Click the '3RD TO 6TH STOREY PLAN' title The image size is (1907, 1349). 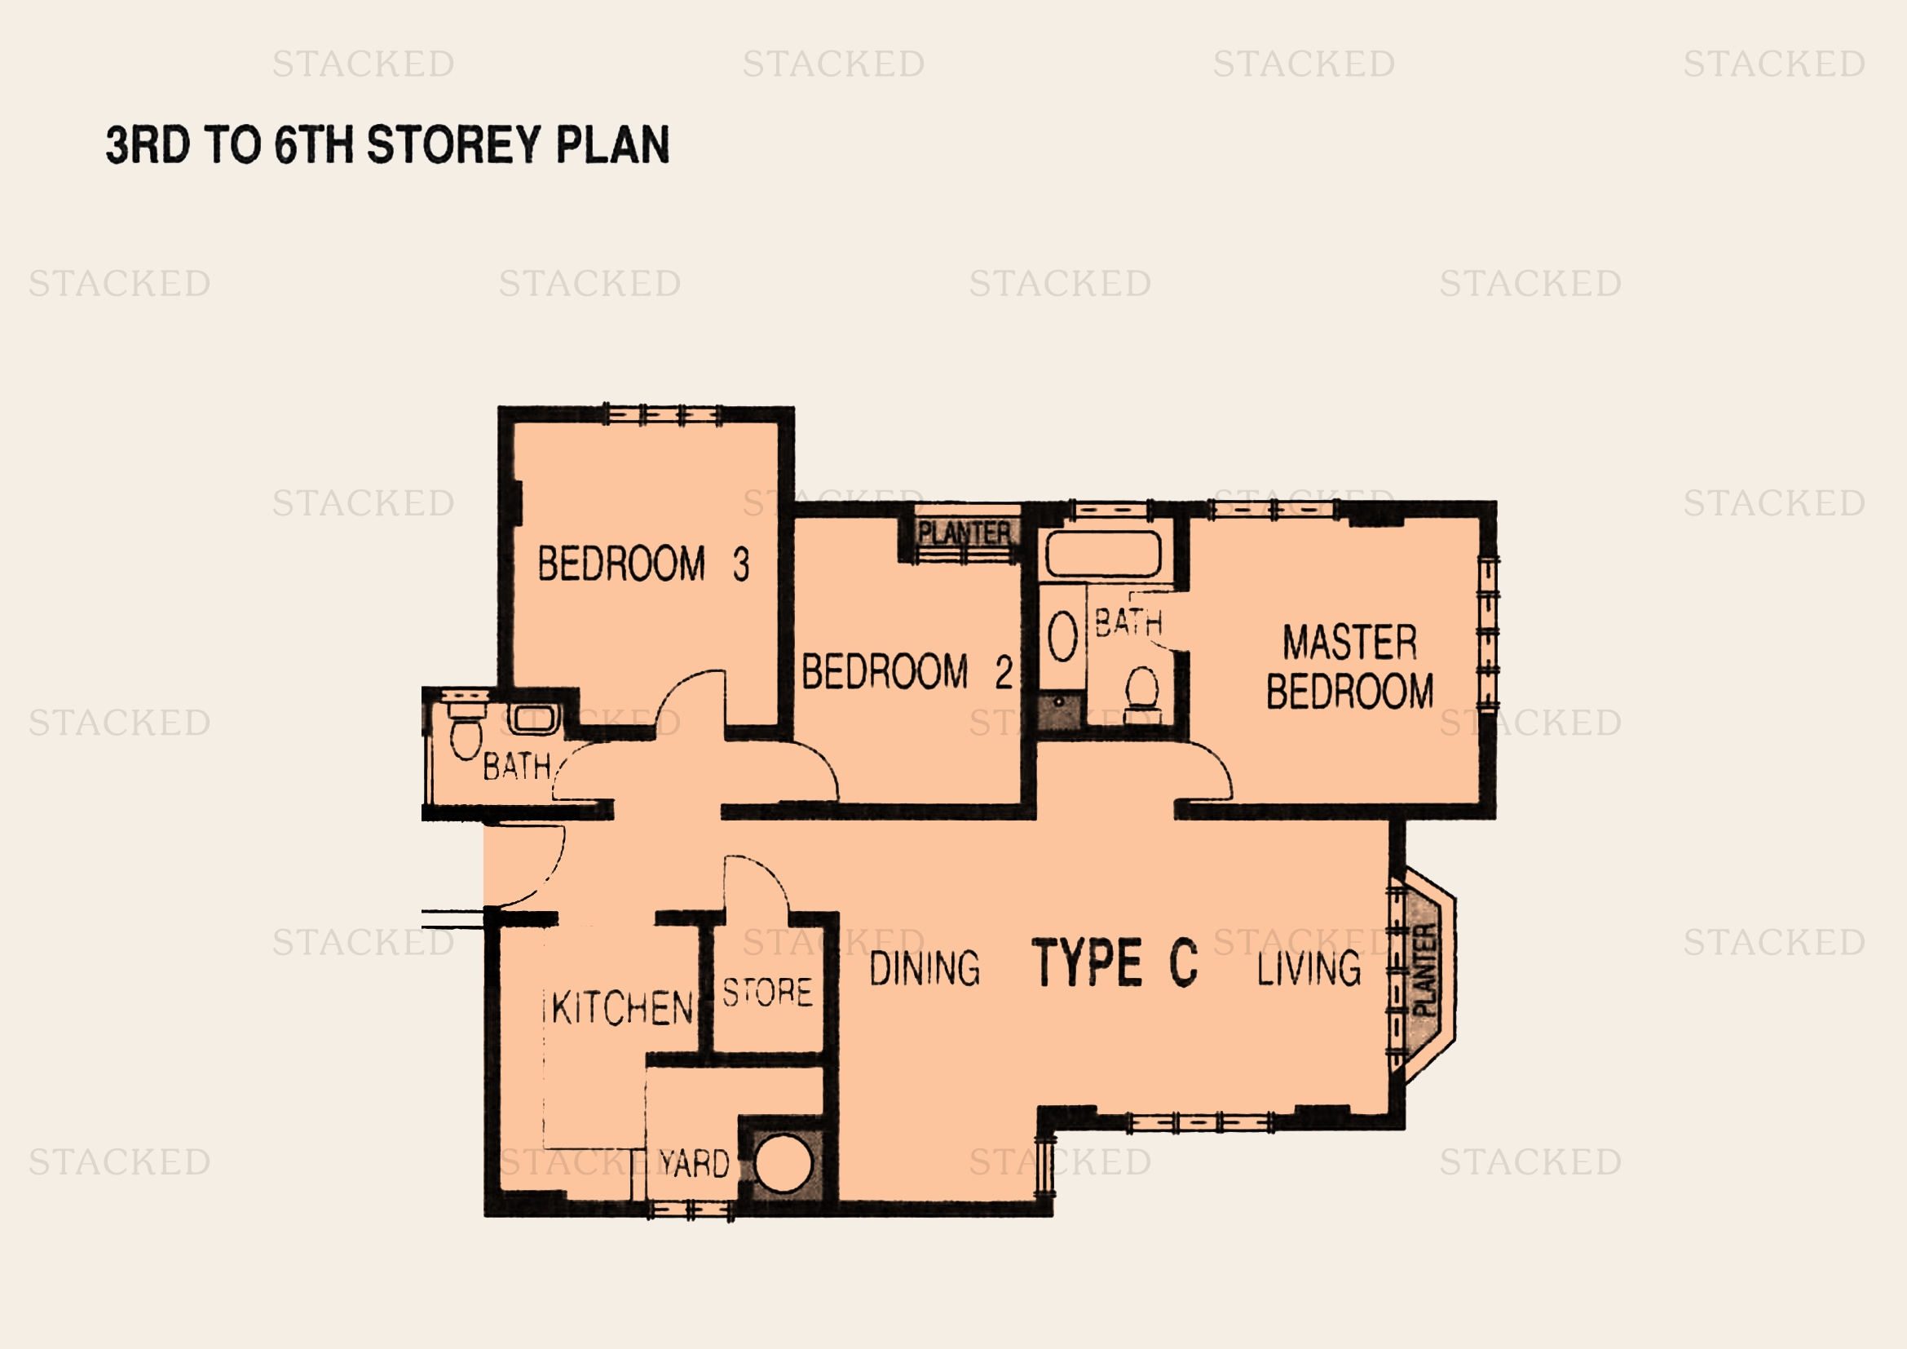[387, 144]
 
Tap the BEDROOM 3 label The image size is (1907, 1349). [644, 564]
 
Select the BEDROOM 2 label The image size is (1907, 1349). [907, 671]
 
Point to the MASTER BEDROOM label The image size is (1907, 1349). [1349, 667]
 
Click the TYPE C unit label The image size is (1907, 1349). [1115, 962]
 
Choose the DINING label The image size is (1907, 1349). [925, 969]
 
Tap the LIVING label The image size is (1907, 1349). [1309, 969]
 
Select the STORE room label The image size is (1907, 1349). [767, 993]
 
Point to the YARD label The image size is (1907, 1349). [695, 1164]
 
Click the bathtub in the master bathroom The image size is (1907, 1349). [1103, 554]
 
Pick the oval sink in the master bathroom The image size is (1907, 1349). [1062, 637]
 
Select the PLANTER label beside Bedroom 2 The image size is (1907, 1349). [965, 533]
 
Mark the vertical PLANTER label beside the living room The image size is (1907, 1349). [1424, 971]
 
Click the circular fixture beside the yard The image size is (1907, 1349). [784, 1164]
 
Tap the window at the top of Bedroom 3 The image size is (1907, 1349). [662, 414]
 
